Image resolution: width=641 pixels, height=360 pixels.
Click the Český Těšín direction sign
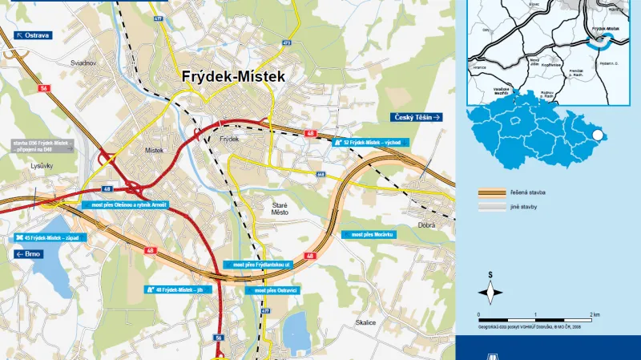coord(417,117)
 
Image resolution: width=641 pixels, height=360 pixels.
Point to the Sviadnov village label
coord(83,62)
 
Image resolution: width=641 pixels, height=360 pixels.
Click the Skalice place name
coord(365,322)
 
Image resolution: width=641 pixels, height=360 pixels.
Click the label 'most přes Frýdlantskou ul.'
coord(260,264)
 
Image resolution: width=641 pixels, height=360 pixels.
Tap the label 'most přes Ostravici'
coord(276,289)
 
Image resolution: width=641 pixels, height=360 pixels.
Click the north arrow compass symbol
coord(491,291)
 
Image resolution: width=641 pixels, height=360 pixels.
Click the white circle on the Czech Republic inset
coord(597,136)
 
